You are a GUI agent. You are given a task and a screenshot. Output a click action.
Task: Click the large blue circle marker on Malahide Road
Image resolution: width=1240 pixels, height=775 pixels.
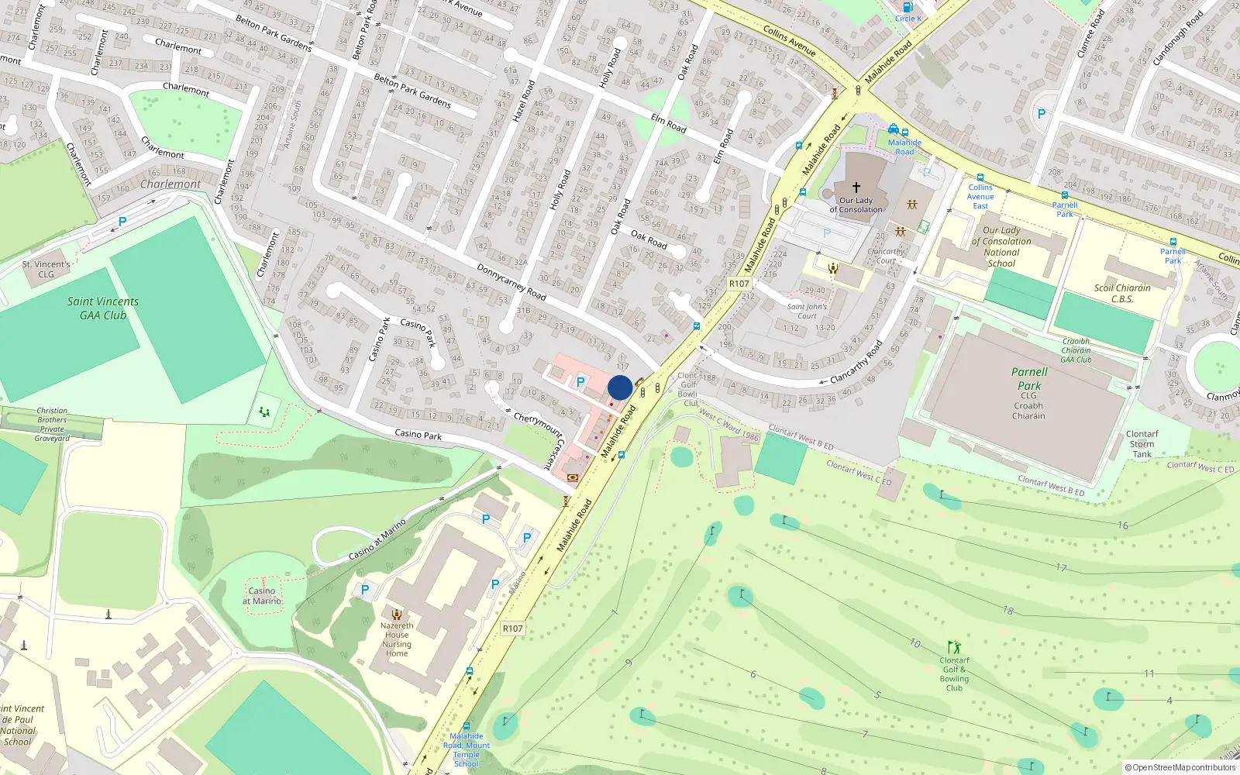point(620,387)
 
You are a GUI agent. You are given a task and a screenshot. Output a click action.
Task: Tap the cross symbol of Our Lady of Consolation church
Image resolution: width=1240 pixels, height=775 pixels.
point(856,188)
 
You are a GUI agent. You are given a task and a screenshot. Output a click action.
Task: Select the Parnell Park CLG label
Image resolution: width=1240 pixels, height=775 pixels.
point(1028,393)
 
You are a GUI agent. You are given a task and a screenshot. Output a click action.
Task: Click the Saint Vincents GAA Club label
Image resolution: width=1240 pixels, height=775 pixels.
point(102,308)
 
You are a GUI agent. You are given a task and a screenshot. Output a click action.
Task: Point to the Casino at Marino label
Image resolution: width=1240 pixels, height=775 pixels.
point(262,595)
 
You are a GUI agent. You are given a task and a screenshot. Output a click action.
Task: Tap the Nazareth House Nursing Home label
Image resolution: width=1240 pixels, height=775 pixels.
point(397,639)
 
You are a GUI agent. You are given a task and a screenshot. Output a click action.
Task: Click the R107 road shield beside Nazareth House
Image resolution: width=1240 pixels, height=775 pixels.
point(512,629)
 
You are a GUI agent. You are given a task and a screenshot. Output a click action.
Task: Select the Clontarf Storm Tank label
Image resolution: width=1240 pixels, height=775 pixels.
point(1142,444)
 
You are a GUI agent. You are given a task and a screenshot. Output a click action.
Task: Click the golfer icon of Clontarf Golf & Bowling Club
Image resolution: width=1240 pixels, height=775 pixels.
point(954,647)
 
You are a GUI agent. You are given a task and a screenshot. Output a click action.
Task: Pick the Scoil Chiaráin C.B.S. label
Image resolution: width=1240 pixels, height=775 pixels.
point(1122,293)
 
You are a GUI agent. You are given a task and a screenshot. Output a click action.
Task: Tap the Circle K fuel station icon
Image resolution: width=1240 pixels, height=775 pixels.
point(908,7)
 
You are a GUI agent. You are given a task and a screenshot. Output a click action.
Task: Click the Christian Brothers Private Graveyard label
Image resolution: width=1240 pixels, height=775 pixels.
point(52,425)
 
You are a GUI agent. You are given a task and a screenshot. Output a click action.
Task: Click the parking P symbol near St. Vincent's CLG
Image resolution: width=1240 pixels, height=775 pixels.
point(122,222)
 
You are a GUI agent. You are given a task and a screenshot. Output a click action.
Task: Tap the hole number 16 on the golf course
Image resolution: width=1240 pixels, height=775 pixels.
point(1123,525)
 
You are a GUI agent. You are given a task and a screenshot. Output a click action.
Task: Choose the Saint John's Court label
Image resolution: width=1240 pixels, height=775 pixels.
point(807,311)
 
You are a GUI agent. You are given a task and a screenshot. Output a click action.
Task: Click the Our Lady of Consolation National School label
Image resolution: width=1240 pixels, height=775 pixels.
point(1001,246)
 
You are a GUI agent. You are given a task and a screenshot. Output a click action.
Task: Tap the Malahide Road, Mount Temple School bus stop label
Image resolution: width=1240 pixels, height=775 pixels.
point(467,749)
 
